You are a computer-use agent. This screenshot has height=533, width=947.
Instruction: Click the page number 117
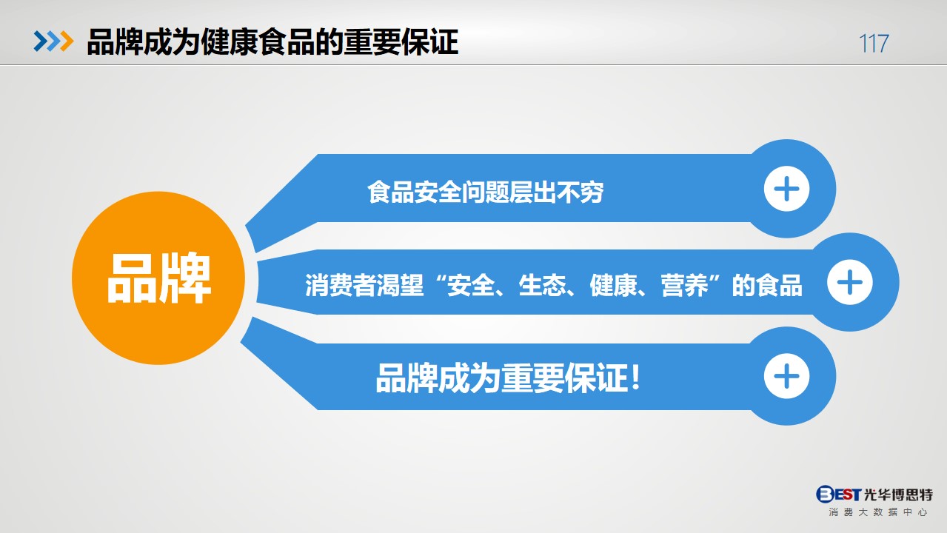click(874, 44)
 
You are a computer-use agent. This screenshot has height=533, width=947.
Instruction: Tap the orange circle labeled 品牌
click(158, 278)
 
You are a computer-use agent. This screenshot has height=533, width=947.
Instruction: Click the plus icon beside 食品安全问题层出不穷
click(786, 189)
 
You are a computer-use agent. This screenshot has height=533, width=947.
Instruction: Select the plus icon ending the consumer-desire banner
click(850, 282)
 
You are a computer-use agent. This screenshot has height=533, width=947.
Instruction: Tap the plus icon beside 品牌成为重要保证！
click(786, 376)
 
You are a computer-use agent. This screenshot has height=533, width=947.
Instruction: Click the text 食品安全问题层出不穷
click(485, 192)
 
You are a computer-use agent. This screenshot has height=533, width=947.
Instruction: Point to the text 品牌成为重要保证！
click(508, 378)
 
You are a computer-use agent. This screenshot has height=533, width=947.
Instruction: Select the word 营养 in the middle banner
click(684, 285)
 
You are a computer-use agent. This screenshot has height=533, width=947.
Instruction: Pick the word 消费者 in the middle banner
click(341, 285)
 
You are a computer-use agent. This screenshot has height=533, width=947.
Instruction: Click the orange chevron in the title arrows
click(67, 41)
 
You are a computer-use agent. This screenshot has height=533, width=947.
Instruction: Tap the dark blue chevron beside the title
click(41, 41)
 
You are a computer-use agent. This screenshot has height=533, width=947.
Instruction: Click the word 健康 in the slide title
click(229, 42)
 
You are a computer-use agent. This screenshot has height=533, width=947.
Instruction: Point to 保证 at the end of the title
click(430, 42)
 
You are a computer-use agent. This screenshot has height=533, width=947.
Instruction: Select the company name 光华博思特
click(898, 495)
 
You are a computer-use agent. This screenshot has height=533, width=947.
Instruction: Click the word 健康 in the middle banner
click(613, 285)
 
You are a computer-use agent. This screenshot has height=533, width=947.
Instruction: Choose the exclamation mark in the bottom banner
click(635, 378)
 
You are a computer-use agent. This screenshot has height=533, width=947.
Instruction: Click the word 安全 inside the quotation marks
click(471, 285)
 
